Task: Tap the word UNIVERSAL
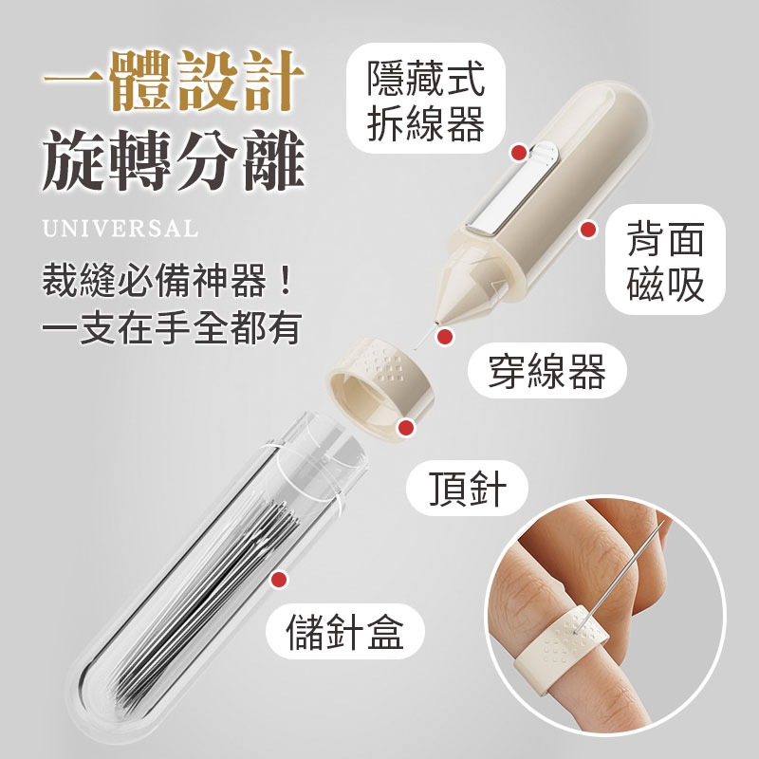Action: pos(120,229)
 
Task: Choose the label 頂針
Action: pos(467,491)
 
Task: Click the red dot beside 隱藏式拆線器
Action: pos(518,152)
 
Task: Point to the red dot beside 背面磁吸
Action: pos(588,229)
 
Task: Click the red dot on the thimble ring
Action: pos(406,429)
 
